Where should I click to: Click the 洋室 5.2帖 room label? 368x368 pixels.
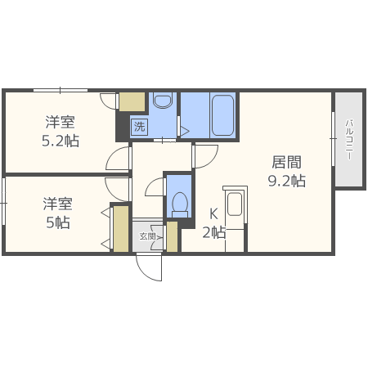point(61,132)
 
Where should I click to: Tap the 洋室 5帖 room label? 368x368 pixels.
point(58,213)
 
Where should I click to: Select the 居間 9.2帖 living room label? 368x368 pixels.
point(286,172)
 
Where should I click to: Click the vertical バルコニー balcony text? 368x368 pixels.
point(348,140)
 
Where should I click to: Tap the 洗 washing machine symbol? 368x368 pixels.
point(139,126)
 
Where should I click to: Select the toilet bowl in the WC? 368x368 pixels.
point(179,202)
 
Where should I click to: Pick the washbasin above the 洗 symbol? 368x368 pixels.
point(162,101)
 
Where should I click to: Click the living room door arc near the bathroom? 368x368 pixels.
point(204,154)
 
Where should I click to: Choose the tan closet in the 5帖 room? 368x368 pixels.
point(120,228)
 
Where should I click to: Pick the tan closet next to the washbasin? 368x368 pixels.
point(131,101)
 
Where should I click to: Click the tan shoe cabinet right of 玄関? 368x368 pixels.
point(172,236)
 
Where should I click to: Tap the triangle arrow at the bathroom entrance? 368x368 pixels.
point(184,129)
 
